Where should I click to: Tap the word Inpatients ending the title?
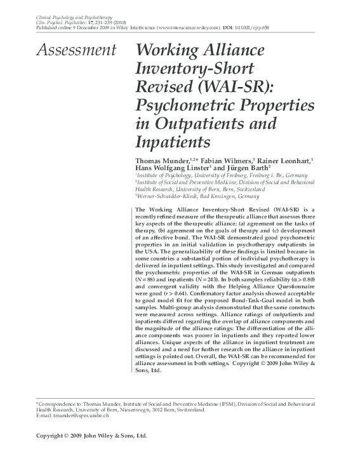click(173, 140)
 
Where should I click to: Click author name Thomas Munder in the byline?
click(161, 161)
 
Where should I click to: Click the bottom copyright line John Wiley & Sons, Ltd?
click(116, 436)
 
